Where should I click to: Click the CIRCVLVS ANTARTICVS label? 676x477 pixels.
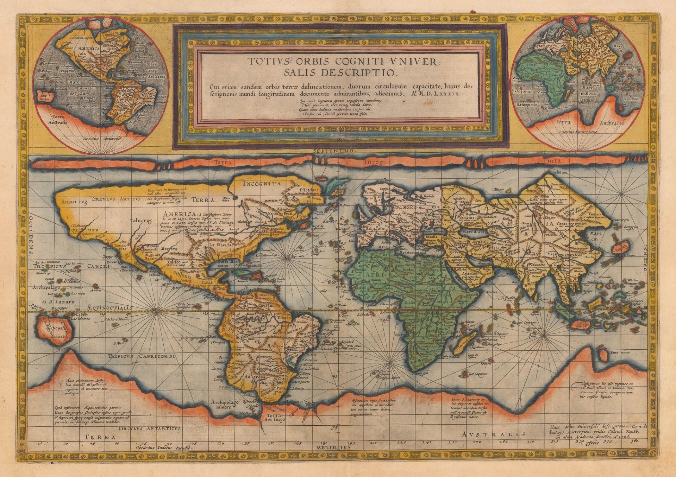click(150, 428)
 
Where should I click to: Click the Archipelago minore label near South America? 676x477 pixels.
click(225, 404)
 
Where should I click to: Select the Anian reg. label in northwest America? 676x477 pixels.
click(74, 202)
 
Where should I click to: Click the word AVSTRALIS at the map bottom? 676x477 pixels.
click(494, 434)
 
